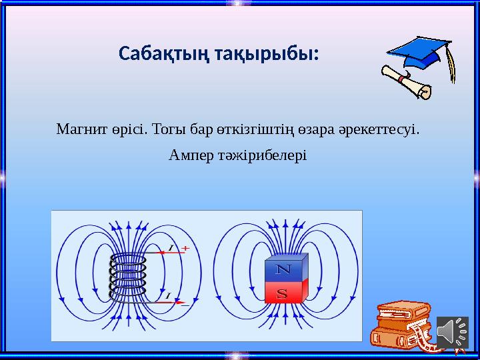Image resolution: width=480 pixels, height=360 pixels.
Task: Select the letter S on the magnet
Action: pyautogui.click(x=283, y=293)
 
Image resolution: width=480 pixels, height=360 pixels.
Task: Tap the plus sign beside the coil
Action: pyautogui.click(x=185, y=248)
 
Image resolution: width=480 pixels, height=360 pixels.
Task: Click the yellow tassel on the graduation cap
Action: pyautogui.click(x=453, y=67)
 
